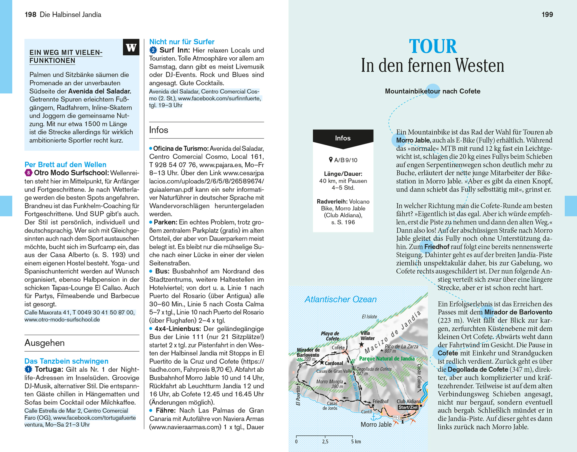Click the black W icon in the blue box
(131, 47)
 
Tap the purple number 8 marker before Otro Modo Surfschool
(28, 173)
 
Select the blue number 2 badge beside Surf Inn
(153, 50)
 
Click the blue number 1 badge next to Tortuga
(28, 369)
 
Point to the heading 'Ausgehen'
(45, 343)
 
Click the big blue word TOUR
(433, 47)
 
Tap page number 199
(547, 15)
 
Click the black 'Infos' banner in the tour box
(343, 138)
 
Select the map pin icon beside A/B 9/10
(330, 160)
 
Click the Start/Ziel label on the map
(408, 407)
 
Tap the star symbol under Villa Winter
(361, 345)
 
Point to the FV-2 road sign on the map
(396, 417)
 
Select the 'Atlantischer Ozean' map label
(340, 299)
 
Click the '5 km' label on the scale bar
(356, 442)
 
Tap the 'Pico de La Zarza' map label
(401, 346)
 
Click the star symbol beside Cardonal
(322, 362)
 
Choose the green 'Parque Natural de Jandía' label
(387, 359)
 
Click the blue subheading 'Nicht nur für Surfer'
(182, 42)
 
